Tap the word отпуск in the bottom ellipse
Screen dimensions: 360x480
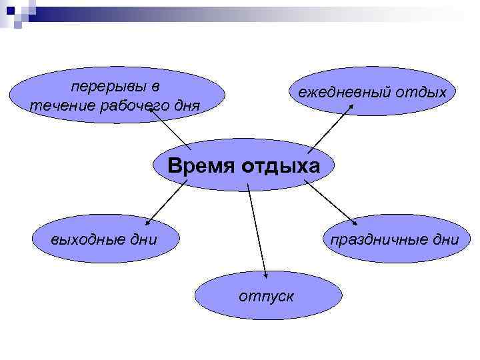click(266, 295)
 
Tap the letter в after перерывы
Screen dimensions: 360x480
click(155, 87)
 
